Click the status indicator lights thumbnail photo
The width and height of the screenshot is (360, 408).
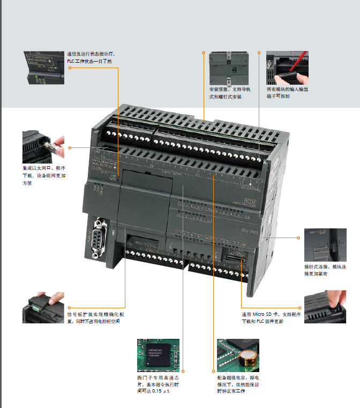click(x=44, y=67)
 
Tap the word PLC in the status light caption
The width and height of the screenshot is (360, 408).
click(x=72, y=62)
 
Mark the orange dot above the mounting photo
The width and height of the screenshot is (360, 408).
click(x=204, y=53)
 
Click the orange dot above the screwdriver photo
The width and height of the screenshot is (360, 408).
click(x=259, y=53)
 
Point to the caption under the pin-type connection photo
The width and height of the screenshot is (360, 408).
click(x=321, y=270)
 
